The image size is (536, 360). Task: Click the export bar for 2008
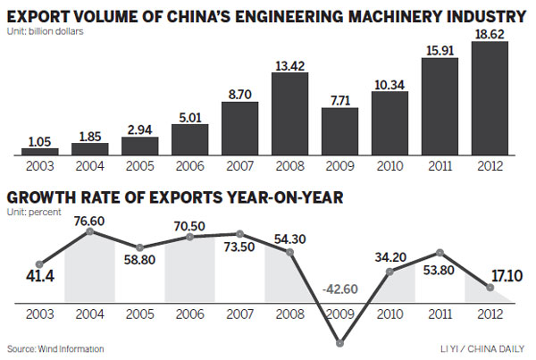289,113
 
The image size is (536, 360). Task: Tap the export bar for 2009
339,131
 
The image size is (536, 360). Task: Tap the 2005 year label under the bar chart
139,167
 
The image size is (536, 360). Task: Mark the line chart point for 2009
339,342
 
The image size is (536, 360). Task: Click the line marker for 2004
89,232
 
